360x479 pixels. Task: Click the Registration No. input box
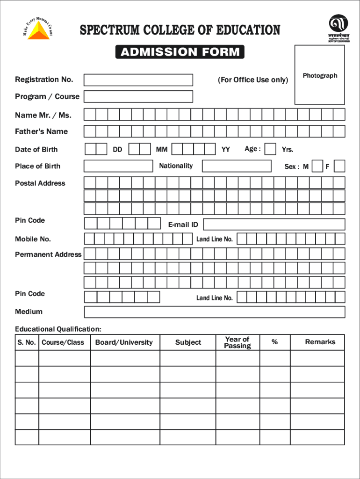coord(138,80)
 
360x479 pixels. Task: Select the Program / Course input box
coord(138,96)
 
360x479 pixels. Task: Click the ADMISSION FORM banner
coord(180,52)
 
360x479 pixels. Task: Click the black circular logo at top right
coord(338,25)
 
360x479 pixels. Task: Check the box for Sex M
coord(317,166)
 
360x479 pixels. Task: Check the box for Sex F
coord(340,166)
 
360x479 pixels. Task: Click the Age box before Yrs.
coord(270,149)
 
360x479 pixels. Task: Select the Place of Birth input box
coord(118,166)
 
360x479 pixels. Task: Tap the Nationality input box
coord(236,166)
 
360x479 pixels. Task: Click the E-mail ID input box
coord(274,225)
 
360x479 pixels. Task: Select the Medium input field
coord(214,312)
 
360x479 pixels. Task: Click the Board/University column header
coord(124,342)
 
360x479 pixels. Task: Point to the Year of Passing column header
coord(237,342)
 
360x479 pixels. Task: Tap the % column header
coord(274,342)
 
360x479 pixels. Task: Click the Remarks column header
coord(320,342)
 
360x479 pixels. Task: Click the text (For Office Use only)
coord(253,80)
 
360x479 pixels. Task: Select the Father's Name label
coord(41,131)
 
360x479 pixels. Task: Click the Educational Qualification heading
coord(58,329)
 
